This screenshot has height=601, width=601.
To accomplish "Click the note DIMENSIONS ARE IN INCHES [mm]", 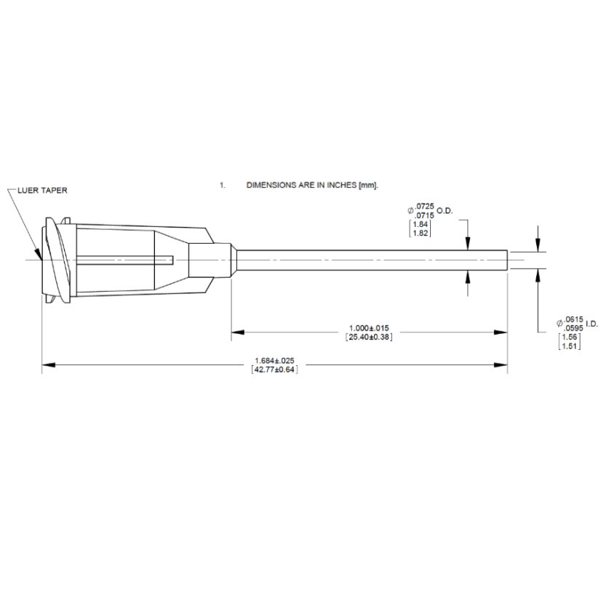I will click(x=313, y=186).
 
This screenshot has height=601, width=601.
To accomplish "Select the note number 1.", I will click(x=222, y=186).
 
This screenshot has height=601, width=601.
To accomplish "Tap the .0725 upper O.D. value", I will click(x=424, y=207).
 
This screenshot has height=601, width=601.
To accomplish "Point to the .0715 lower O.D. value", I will click(x=424, y=216).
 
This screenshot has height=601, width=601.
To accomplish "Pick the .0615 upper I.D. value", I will click(x=574, y=319).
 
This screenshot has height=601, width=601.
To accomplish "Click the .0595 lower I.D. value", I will click(x=574, y=327).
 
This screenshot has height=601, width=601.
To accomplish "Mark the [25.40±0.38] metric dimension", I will click(x=370, y=337).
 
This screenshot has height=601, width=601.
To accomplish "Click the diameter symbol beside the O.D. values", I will click(x=410, y=212).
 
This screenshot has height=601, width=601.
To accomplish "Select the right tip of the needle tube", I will click(x=506, y=260).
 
